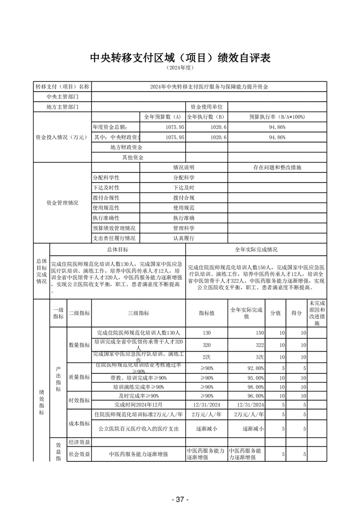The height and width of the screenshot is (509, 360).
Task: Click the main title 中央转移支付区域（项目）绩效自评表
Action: point(180,58)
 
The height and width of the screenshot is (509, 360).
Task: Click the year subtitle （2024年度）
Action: point(180,68)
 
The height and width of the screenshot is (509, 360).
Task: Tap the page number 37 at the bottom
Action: point(180,499)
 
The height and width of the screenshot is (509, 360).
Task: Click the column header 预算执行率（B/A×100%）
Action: point(277,117)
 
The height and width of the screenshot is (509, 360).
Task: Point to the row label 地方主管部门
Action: point(63,107)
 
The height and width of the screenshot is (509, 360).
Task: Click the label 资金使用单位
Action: point(206,107)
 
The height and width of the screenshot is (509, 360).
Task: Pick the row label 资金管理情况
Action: point(63,203)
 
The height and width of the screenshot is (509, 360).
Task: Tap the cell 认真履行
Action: point(184,238)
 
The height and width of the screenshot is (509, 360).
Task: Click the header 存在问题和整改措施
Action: point(277,167)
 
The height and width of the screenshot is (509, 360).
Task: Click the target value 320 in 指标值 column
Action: point(206,344)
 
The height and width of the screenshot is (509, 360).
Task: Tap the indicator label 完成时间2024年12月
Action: point(138,404)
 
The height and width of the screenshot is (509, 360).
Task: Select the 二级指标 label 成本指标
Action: point(79,424)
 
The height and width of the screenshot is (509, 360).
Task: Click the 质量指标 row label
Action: point(79,377)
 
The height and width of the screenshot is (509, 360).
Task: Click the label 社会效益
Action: point(79,454)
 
